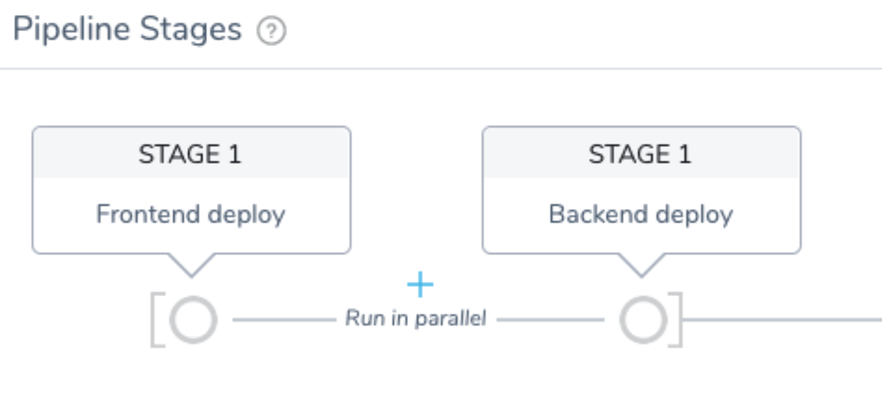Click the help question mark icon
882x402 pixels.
click(271, 30)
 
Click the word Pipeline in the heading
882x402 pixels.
click(72, 30)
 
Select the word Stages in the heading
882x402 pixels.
click(190, 30)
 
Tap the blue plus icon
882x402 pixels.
click(420, 284)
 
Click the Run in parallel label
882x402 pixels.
click(415, 319)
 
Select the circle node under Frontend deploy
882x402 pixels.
click(193, 320)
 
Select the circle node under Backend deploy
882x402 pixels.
click(643, 320)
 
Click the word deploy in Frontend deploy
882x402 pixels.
click(246, 215)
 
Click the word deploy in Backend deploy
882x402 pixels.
click(694, 215)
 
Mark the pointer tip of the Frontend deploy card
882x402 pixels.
click(192, 277)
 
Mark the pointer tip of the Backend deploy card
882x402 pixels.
click(641, 277)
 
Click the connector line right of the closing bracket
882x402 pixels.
click(782, 320)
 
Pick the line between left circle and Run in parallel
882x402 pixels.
click(284, 320)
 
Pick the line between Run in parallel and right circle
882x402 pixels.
click(550, 320)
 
